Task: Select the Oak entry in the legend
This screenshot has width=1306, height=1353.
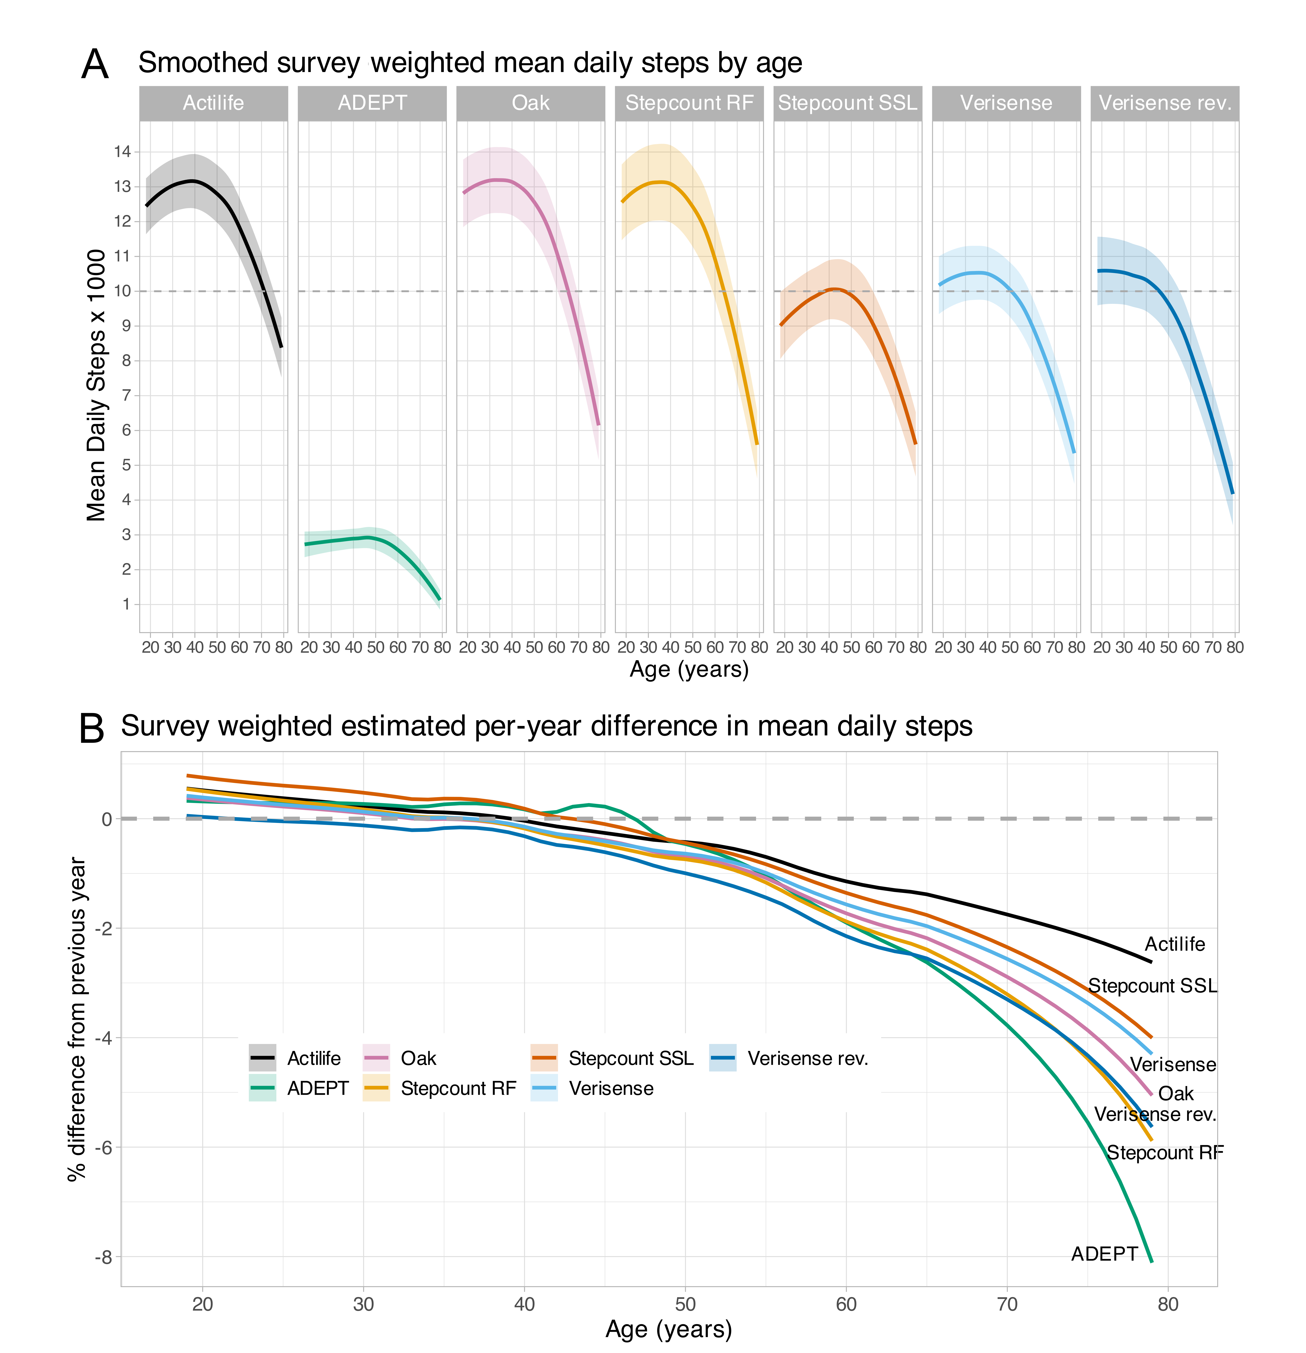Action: click(418, 1058)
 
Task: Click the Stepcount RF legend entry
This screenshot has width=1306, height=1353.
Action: click(458, 1089)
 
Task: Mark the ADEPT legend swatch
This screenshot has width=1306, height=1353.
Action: click(262, 1089)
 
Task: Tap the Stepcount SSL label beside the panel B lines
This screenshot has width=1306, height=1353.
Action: click(1152, 986)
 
